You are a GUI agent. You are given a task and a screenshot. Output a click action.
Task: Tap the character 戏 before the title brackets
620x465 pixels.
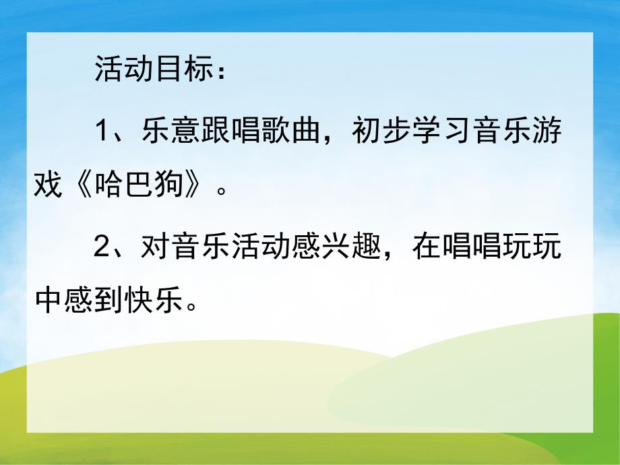click(49, 183)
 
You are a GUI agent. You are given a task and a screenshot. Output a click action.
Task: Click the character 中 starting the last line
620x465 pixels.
click(49, 301)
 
